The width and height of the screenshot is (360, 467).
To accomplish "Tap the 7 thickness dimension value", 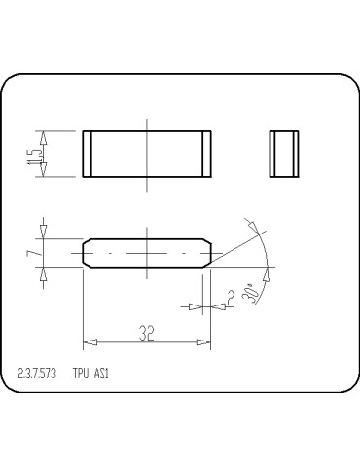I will coord(33,253).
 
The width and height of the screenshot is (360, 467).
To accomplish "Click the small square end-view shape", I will coord(283,154).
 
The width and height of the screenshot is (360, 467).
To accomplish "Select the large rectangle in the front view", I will coord(146,154).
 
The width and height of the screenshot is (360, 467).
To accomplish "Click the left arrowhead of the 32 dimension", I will coord(89,341).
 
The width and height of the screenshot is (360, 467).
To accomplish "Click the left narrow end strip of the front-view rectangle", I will coord(87,154).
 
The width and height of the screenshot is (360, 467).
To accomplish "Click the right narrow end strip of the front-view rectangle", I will coord(205,154).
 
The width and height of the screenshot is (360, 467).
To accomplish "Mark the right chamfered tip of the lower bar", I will coord(209,252).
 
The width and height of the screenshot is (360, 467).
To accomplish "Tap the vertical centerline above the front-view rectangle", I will coord(147,124).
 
